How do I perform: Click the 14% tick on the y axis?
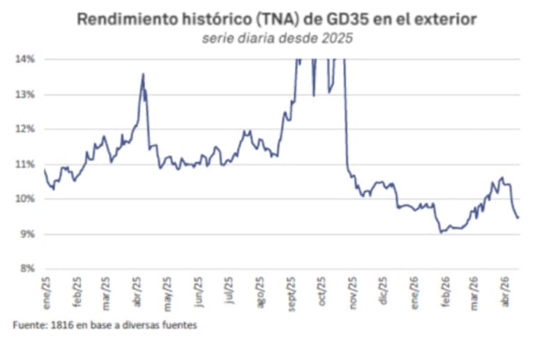click(25, 59)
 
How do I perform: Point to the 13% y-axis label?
click(25, 94)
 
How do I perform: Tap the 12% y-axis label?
click(25, 129)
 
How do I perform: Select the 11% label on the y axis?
click(25, 164)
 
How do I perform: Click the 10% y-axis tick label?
click(25, 199)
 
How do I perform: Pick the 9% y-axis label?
click(27, 234)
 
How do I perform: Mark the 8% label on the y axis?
click(27, 269)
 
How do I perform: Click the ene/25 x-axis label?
click(46, 287)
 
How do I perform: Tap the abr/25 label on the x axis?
click(137, 287)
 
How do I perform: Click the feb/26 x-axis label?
click(445, 287)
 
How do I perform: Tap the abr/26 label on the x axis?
click(506, 287)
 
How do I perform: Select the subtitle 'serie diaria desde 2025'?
click(277, 39)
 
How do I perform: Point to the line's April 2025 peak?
click(143, 74)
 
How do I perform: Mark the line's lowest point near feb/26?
click(441, 232)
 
